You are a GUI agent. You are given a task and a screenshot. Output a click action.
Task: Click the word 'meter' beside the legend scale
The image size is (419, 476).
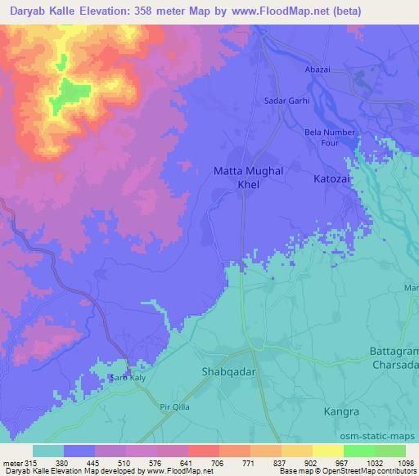[x=11, y=462]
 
